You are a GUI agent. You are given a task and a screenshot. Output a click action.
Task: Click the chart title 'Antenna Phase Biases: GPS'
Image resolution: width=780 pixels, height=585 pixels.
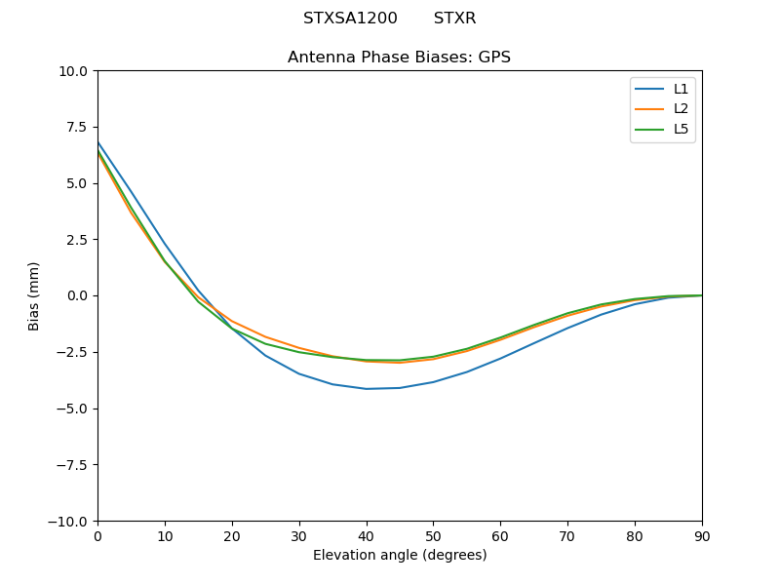pos(399,58)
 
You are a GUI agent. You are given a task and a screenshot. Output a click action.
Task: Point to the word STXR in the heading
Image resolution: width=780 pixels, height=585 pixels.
pos(455,19)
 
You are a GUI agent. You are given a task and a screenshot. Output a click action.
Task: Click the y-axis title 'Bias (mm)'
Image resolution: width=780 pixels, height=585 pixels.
pos(34,295)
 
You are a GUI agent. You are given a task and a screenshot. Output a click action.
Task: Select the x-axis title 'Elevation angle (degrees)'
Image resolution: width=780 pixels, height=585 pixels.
pos(400,555)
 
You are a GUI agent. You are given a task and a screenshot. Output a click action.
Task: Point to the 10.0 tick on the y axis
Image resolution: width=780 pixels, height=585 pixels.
pos(75,71)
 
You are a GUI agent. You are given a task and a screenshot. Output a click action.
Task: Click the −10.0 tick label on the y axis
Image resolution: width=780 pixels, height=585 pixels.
pos(70,521)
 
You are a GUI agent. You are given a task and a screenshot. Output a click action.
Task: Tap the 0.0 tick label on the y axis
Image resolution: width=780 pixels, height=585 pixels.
pos(79,295)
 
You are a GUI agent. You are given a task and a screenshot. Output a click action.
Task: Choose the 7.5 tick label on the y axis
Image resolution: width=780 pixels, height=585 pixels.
pos(79,127)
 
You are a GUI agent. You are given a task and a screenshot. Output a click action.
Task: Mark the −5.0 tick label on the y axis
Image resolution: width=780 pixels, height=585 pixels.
pos(74,409)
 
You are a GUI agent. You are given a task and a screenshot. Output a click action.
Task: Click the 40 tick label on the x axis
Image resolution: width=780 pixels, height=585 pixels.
pos(367,535)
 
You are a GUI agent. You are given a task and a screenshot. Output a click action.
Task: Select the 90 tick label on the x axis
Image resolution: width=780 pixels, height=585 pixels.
pos(702,535)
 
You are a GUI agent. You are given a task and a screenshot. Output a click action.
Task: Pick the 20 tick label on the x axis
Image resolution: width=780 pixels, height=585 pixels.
pos(232,535)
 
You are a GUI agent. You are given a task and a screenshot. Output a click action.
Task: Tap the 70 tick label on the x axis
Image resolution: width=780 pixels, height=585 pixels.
pos(567,535)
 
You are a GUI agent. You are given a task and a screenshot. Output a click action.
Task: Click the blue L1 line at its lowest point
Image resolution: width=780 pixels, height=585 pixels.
pos(367,389)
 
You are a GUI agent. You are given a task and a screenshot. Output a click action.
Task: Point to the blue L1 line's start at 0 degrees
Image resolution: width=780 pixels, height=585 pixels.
pos(98,142)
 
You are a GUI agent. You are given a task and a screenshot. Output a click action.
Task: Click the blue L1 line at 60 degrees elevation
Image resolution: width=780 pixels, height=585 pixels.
pos(500,358)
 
